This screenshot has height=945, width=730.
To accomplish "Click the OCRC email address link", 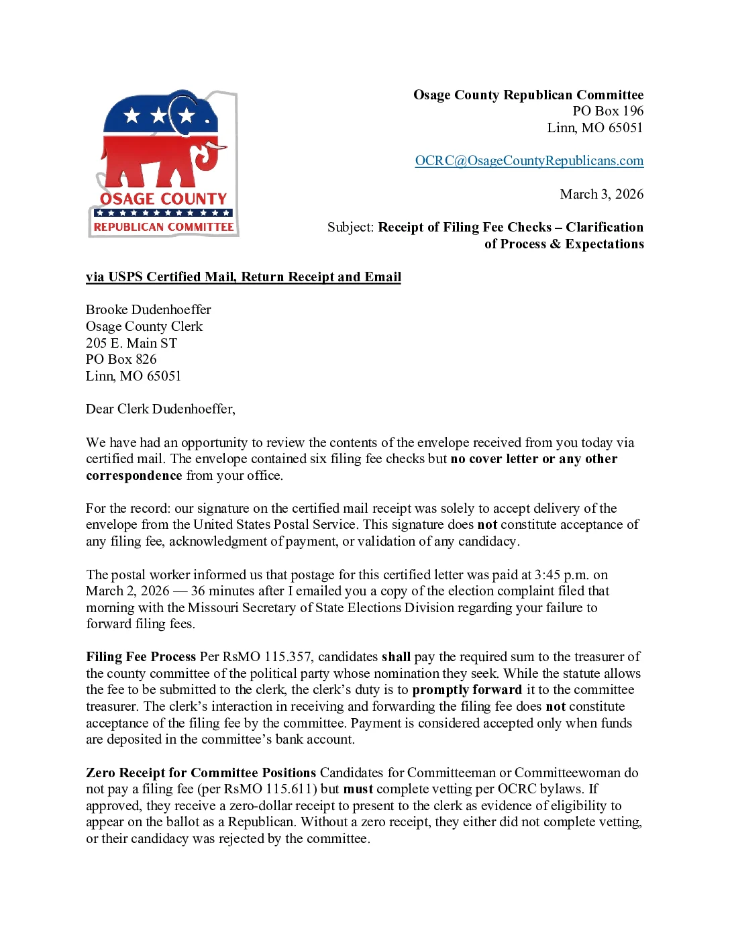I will point(529,161).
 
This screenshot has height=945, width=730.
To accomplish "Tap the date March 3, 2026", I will point(601,195).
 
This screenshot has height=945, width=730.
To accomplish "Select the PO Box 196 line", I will point(607,111).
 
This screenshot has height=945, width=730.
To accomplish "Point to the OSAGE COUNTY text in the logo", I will point(164,199).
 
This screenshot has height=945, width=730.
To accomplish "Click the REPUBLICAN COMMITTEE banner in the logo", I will point(164,228).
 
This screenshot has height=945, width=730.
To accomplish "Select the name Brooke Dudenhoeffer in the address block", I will point(148,310).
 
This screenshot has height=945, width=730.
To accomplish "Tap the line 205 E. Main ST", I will point(132,343).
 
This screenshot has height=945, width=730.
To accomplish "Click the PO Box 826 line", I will point(121,360).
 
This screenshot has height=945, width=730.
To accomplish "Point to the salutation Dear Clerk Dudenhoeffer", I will point(160,409).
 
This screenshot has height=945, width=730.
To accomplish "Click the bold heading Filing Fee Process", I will point(141,657).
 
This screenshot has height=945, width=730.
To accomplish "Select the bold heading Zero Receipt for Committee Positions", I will point(201,773).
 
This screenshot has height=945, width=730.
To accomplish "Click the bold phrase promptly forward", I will point(466,690).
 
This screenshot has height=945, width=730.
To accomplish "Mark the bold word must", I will point(358,789).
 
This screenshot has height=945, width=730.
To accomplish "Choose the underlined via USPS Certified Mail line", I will point(243,277).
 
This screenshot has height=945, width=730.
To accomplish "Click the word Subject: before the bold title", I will point(350,228).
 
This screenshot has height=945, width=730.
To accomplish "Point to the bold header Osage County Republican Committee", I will point(528,95).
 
